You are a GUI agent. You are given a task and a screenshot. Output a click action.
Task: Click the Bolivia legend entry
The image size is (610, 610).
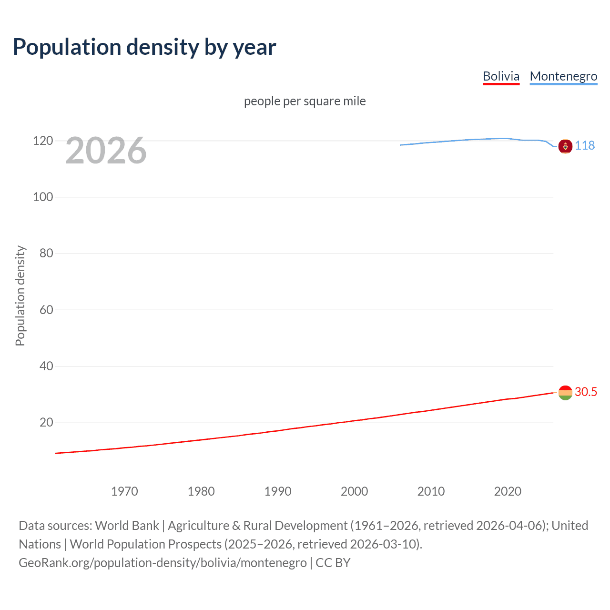[x=501, y=76]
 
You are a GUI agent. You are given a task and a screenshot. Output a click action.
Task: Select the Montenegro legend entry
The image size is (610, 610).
[x=563, y=76]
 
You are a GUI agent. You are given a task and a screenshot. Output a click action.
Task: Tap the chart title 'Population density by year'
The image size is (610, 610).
[x=144, y=47]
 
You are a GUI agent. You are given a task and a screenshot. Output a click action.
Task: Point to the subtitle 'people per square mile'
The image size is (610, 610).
[x=305, y=101]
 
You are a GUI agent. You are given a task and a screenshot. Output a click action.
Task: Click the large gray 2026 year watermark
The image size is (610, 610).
[x=106, y=151]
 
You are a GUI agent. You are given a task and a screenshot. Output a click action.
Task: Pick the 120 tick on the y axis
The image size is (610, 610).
[x=43, y=141]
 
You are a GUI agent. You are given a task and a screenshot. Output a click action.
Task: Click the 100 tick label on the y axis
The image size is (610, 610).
[x=43, y=197]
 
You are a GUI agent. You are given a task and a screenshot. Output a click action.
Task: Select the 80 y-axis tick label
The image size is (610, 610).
[x=46, y=253]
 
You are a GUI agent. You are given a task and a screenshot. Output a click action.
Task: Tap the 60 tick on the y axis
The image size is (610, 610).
[x=46, y=310]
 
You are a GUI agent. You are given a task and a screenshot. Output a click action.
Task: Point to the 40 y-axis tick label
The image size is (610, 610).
[x=46, y=366]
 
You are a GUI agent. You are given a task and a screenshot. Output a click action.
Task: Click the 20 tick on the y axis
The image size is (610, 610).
[x=46, y=422]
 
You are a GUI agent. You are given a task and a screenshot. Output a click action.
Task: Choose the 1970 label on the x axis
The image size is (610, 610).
[x=124, y=491]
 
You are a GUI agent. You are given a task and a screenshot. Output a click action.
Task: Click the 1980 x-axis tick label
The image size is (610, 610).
[x=201, y=491]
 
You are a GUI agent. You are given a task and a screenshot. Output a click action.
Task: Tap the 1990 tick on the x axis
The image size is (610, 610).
[x=278, y=491]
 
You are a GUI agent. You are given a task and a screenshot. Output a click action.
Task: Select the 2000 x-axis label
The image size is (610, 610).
[x=354, y=491]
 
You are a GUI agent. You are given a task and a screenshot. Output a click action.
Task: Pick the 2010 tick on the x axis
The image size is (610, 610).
[x=431, y=491]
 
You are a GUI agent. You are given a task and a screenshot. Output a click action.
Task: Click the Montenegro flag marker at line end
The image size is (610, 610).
[x=565, y=146]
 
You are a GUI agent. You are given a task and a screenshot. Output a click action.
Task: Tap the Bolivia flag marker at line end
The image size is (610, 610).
[x=565, y=393]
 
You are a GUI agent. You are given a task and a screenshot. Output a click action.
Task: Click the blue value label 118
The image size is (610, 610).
[x=585, y=145]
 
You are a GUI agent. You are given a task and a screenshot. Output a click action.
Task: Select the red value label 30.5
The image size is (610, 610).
[x=586, y=392]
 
